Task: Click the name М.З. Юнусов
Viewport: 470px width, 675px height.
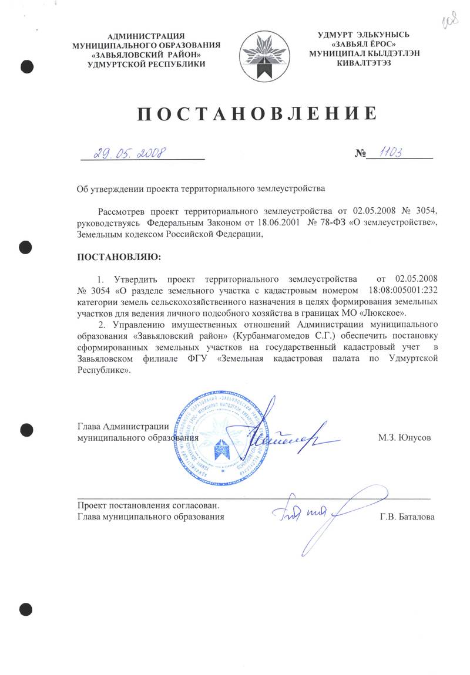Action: point(405,437)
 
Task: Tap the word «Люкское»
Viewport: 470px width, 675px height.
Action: point(385,312)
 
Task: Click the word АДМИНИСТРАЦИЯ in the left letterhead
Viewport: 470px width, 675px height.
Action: point(146,36)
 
